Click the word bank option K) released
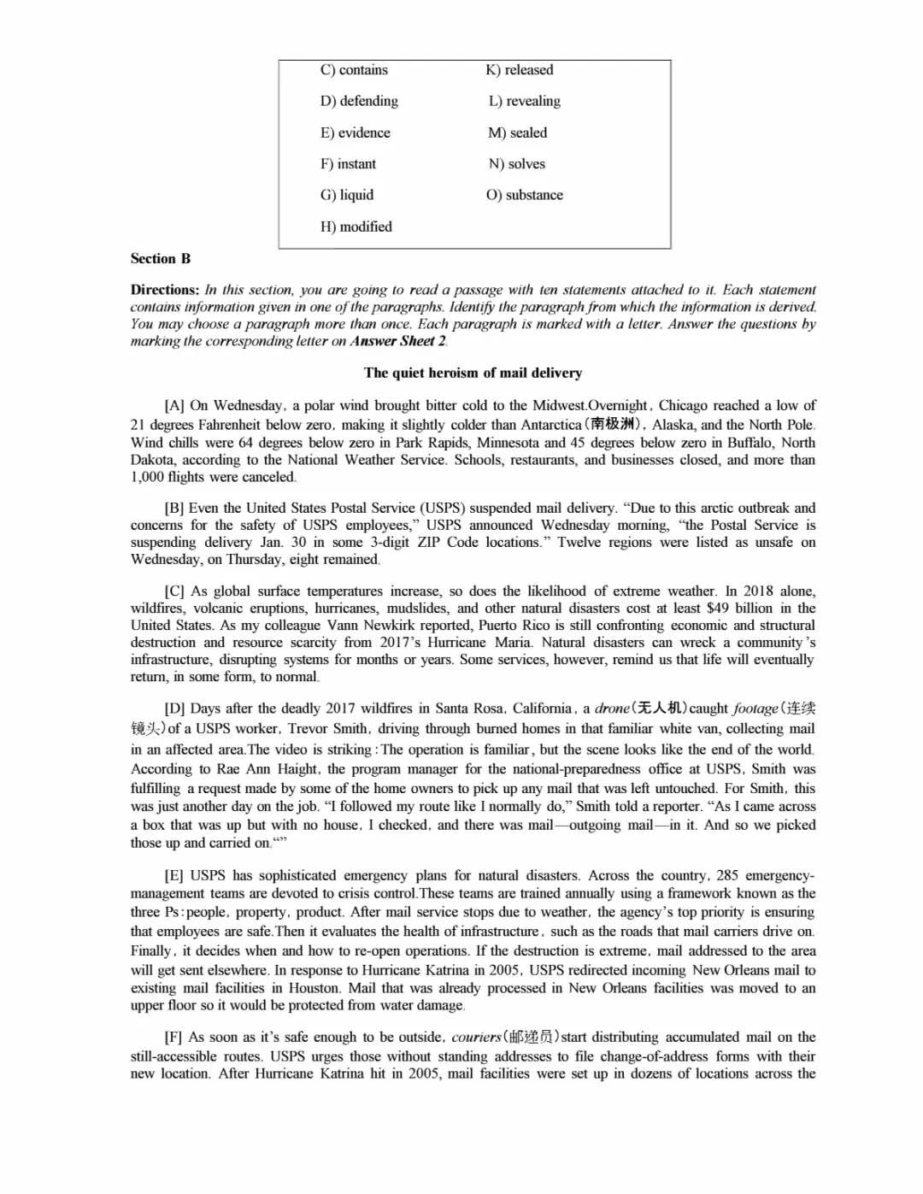[519, 70]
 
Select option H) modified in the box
[356, 226]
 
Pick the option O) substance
[525, 195]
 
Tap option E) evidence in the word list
[355, 132]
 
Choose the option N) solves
[516, 164]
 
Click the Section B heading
[161, 258]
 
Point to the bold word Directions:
[165, 290]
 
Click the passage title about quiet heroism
[473, 373]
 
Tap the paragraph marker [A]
[174, 406]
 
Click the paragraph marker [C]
[174, 591]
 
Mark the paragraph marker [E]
[174, 875]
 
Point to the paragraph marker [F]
[173, 1037]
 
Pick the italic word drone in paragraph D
[612, 709]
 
